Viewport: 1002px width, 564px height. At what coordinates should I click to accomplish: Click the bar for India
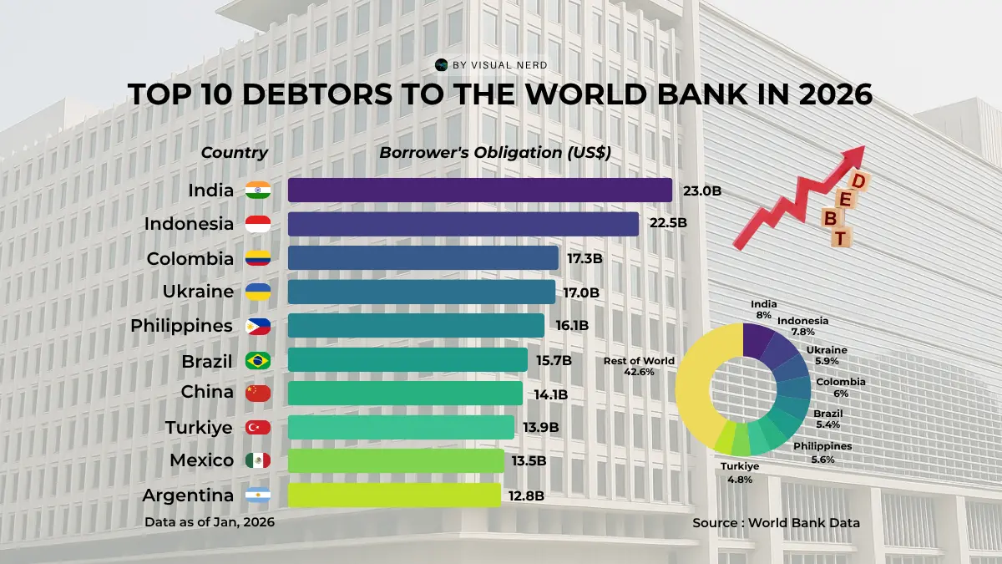point(480,190)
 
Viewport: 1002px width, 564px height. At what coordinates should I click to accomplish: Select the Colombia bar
point(423,257)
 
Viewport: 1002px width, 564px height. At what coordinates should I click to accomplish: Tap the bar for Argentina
point(394,495)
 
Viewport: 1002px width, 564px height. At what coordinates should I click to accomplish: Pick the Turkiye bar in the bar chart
point(401,427)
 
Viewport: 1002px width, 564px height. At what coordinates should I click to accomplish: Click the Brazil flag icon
point(257,360)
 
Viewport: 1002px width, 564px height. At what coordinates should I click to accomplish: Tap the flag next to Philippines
point(257,326)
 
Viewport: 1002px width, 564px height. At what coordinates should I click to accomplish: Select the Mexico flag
point(257,460)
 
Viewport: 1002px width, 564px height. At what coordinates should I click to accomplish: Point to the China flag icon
point(257,393)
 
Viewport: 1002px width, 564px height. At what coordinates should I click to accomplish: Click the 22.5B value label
point(668,223)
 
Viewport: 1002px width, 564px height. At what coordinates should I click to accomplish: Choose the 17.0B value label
point(582,292)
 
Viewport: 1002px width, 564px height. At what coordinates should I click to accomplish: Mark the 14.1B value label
point(550,394)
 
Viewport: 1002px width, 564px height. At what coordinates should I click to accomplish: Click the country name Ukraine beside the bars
point(198,292)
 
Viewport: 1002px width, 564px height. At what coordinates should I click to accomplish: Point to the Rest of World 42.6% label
point(639,366)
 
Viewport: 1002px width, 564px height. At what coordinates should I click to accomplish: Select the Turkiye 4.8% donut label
point(741,473)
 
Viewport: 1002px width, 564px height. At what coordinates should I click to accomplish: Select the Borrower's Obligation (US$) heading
point(495,153)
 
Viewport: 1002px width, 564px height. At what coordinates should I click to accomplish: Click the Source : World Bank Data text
point(776,522)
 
